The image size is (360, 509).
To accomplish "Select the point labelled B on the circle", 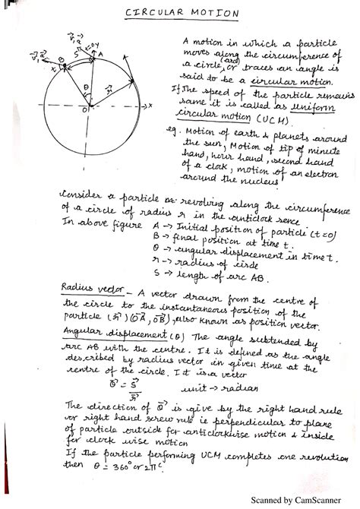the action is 62,58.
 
